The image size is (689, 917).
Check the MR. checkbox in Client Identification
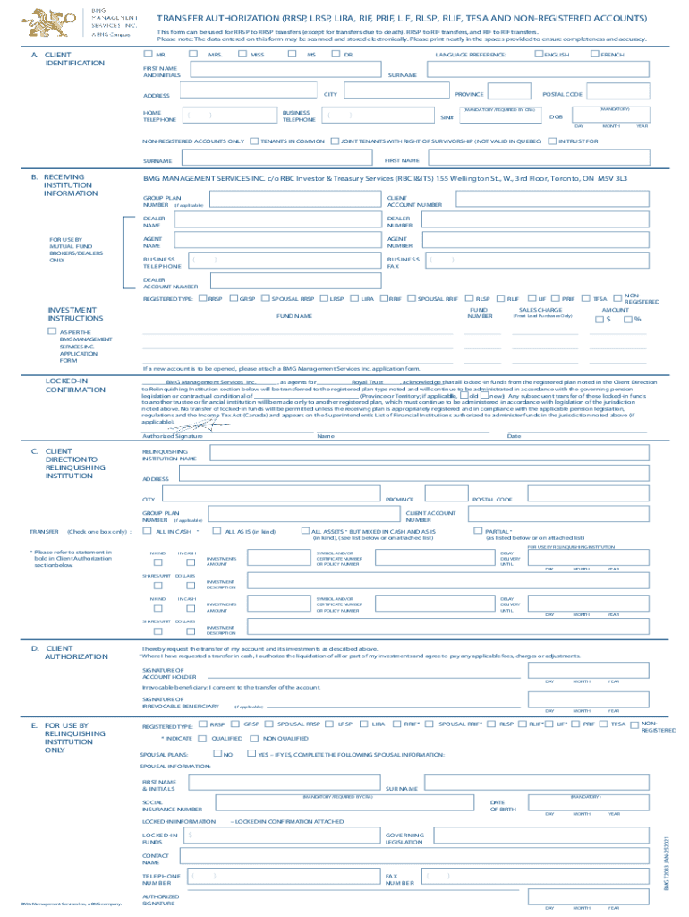tap(149, 55)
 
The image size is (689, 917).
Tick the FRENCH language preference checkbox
tap(594, 55)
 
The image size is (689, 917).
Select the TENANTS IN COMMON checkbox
tap(255, 141)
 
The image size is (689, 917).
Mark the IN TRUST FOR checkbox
tap(552, 141)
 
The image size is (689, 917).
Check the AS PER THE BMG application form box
tap(52, 331)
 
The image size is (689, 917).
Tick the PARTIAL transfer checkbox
tap(478, 531)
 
